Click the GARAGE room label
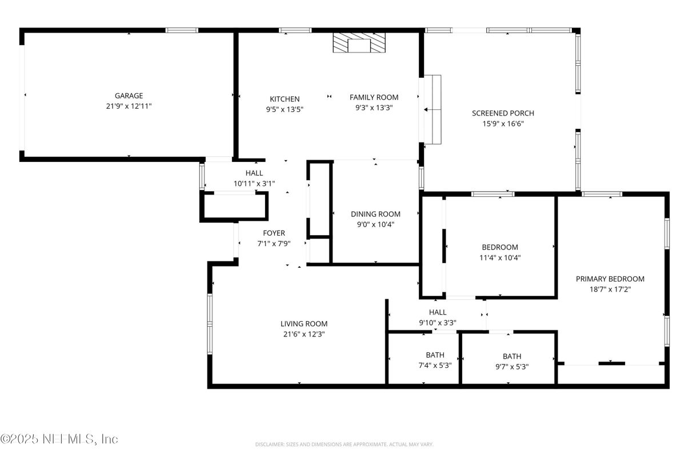(x=129, y=96)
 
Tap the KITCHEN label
(x=285, y=99)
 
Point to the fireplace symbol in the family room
(x=359, y=43)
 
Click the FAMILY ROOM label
(x=374, y=97)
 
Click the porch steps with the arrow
(x=432, y=109)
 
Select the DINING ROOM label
(x=375, y=214)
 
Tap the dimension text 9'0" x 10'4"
(x=375, y=224)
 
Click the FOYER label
(x=274, y=233)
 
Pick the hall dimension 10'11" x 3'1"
(x=254, y=184)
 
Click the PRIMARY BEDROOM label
(x=610, y=279)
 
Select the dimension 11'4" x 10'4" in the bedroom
(x=500, y=257)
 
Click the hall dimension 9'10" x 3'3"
(x=438, y=323)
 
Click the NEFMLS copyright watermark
(x=59, y=439)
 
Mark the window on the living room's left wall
(x=210, y=324)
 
